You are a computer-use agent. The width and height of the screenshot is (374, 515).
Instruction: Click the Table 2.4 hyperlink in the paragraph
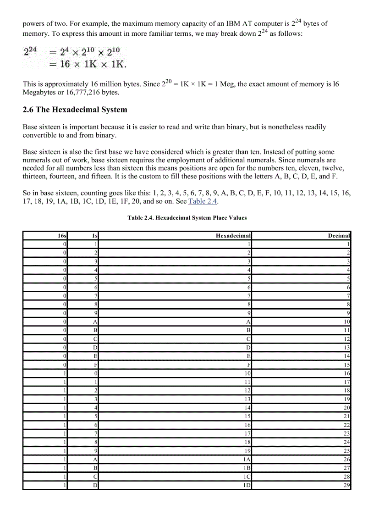[202, 201]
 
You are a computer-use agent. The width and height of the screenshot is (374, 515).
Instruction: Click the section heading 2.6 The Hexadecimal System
[75, 110]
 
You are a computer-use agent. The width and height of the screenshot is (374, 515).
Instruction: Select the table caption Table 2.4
[187, 217]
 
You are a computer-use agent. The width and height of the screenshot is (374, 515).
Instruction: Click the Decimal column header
[339, 236]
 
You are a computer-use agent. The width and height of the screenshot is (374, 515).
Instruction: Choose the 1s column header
[95, 236]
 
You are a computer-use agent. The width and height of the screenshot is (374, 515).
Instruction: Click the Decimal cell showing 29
[346, 485]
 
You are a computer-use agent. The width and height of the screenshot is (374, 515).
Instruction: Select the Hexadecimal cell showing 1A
[247, 459]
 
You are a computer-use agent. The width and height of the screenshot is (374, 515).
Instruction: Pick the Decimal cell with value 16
[346, 373]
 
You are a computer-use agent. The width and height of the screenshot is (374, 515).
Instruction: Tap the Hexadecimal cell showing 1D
[247, 485]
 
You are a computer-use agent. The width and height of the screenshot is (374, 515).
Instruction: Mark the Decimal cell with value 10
[346, 322]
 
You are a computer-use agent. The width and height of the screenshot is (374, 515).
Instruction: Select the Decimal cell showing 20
[346, 408]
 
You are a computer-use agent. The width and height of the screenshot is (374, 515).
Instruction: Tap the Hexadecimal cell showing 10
[247, 373]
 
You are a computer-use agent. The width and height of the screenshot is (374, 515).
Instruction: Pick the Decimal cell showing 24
[346, 442]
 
